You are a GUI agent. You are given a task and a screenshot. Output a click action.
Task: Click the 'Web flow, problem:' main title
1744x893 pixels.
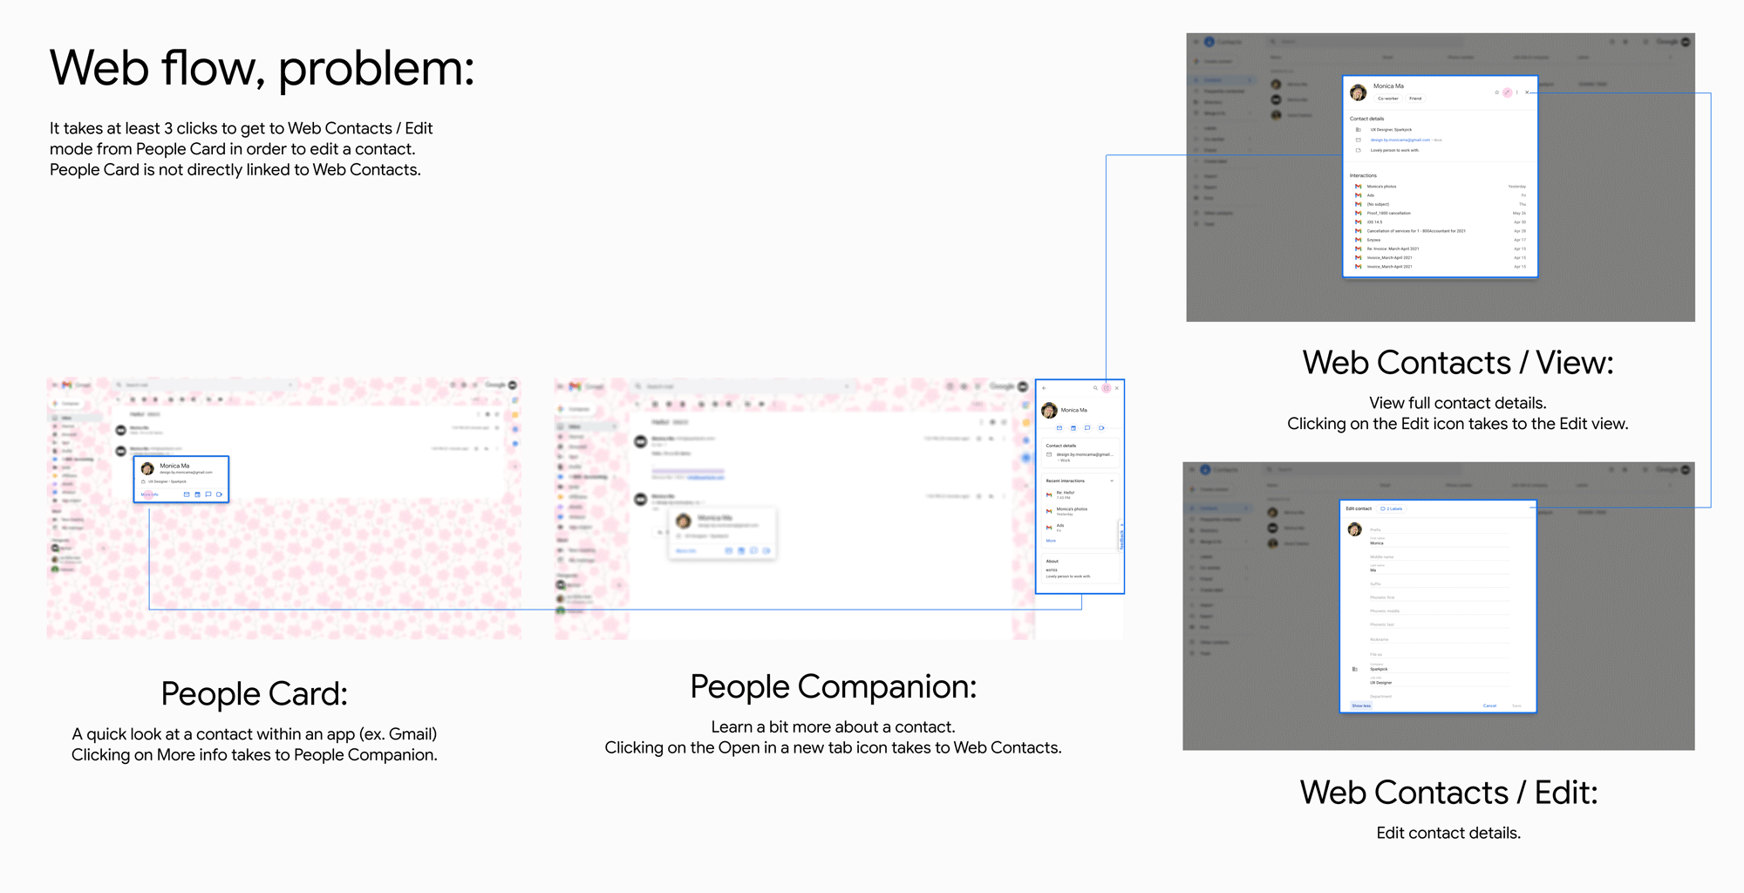click(262, 68)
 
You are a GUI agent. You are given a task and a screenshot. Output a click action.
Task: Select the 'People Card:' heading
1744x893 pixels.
click(254, 694)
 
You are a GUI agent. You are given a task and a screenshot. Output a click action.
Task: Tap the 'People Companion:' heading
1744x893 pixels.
click(833, 687)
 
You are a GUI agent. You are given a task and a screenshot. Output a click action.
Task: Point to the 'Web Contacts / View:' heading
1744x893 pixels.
click(1457, 363)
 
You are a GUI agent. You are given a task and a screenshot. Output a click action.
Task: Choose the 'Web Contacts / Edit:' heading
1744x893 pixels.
click(1448, 793)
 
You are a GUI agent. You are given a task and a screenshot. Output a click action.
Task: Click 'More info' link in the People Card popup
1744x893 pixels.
click(150, 494)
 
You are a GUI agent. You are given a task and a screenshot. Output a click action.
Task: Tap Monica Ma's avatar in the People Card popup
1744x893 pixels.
click(147, 469)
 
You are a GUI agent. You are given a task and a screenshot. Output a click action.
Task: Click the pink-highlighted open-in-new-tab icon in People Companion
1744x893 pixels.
click(1106, 388)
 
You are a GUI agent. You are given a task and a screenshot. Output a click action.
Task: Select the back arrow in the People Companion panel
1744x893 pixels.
click(1045, 388)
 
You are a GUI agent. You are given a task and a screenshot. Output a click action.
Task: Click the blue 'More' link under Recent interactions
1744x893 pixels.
click(1051, 541)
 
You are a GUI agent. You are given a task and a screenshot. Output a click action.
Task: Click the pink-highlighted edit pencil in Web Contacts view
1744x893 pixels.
click(1507, 92)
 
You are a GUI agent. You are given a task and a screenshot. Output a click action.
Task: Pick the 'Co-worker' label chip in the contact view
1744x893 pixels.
click(1387, 99)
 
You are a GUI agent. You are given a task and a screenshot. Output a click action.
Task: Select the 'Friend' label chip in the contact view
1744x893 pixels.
click(1415, 99)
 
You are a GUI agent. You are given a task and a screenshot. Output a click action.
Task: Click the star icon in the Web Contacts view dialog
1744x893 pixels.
click(1496, 92)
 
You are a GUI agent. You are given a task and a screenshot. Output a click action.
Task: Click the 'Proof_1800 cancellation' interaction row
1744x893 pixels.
click(1388, 213)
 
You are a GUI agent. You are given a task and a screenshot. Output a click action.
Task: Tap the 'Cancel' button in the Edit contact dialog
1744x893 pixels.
click(1489, 706)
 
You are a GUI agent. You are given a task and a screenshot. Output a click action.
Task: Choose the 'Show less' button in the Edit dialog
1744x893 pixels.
click(1361, 706)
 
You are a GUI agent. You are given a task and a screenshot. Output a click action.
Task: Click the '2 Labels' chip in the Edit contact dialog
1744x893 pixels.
click(1392, 508)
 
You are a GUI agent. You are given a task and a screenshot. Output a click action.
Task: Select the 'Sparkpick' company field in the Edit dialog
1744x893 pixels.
click(1379, 669)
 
